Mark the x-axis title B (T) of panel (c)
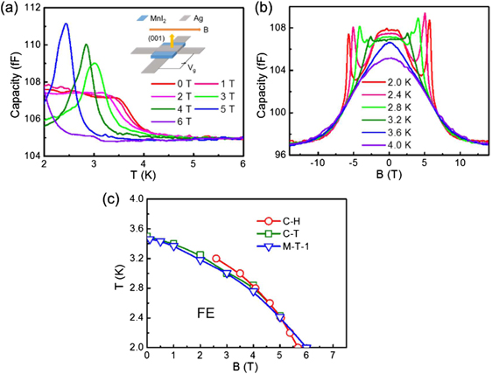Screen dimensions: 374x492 (x=239, y=368)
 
